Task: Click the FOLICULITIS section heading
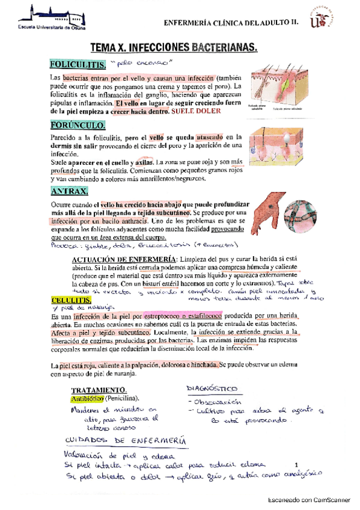(78, 64)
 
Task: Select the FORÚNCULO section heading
(78, 126)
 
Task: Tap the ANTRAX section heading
(70, 191)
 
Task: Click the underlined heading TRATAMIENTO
(99, 390)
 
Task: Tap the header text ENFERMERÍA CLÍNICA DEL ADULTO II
(231, 23)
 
